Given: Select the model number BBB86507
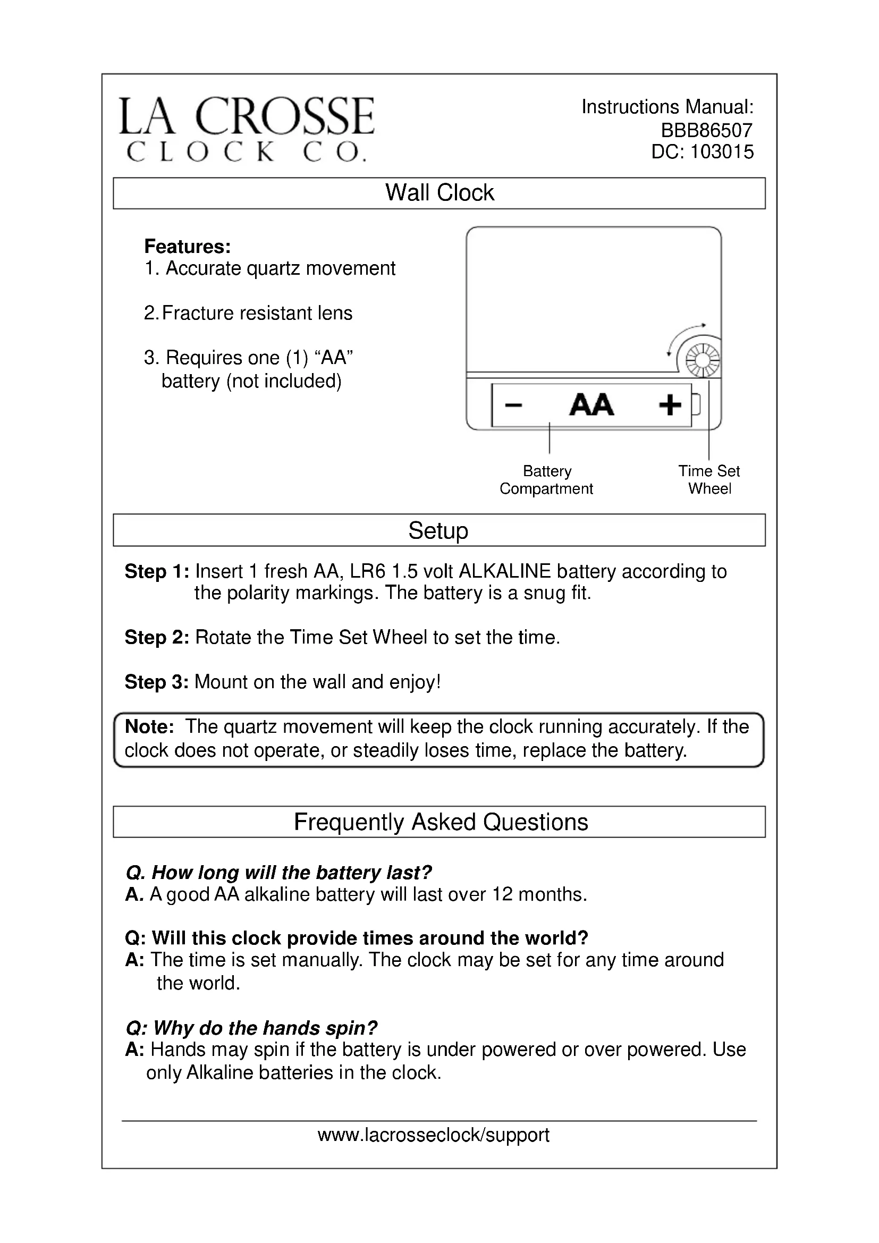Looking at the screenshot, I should point(706,131).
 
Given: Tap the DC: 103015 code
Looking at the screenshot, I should point(702,152).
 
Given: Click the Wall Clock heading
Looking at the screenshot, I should point(439,193).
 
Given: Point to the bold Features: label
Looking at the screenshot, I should point(187,247).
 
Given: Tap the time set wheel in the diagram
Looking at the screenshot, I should point(702,360).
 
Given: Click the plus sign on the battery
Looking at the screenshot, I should point(670,405).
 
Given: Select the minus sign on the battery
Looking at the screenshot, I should point(513,405).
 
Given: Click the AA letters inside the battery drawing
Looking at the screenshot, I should point(591,405).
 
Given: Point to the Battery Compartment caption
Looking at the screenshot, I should point(547,480).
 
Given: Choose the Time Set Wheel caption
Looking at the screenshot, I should point(709,480).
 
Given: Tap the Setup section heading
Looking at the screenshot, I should point(438,530).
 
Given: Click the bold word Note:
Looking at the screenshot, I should point(149,726).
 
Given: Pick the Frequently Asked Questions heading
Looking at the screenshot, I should point(441,822).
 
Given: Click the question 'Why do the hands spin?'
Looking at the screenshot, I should point(251,1028).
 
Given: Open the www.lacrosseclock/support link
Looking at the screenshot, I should point(434,1135).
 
